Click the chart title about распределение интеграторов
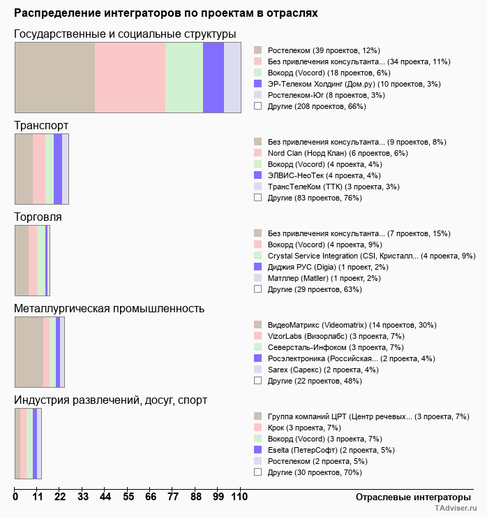coord(166,13)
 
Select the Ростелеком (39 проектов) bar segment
coord(54,77)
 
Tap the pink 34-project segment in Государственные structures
coord(130,77)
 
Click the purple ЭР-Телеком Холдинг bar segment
coord(213,77)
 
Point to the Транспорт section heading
coord(41,125)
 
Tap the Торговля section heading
coord(38,217)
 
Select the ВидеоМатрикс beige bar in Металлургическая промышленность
coord(29,351)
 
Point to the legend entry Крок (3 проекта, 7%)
coord(304,428)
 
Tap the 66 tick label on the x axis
coord(151,497)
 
